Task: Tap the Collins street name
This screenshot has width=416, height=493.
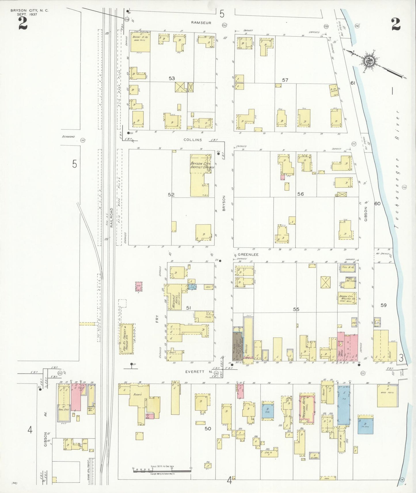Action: (193, 140)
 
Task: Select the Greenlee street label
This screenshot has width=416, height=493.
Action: (250, 255)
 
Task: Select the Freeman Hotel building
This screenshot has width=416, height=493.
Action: (307, 408)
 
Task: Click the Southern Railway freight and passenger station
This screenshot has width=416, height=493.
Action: (127, 339)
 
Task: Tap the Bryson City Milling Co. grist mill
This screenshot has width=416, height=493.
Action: (347, 298)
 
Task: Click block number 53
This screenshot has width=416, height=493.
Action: (172, 78)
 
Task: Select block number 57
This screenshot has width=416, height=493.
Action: (285, 80)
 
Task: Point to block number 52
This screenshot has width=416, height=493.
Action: (171, 195)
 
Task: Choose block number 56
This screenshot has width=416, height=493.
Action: (300, 194)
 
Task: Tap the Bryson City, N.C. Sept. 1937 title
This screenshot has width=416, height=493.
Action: (29, 12)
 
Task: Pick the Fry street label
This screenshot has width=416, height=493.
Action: (157, 319)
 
